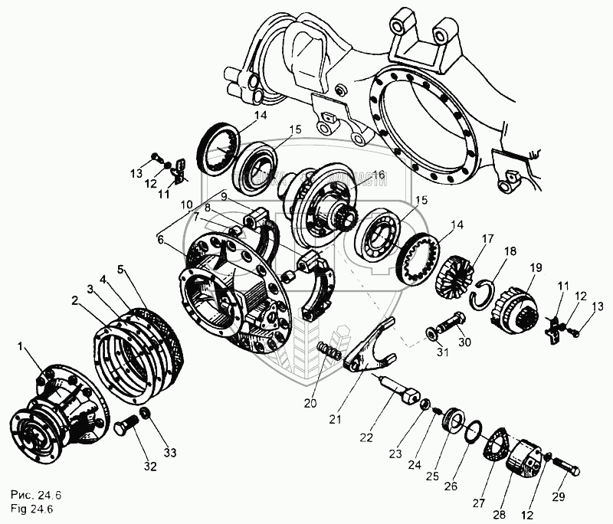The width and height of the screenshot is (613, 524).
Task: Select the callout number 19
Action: (535, 267)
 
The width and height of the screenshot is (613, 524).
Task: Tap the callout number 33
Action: (169, 453)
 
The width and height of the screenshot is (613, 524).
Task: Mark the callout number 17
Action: (487, 238)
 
